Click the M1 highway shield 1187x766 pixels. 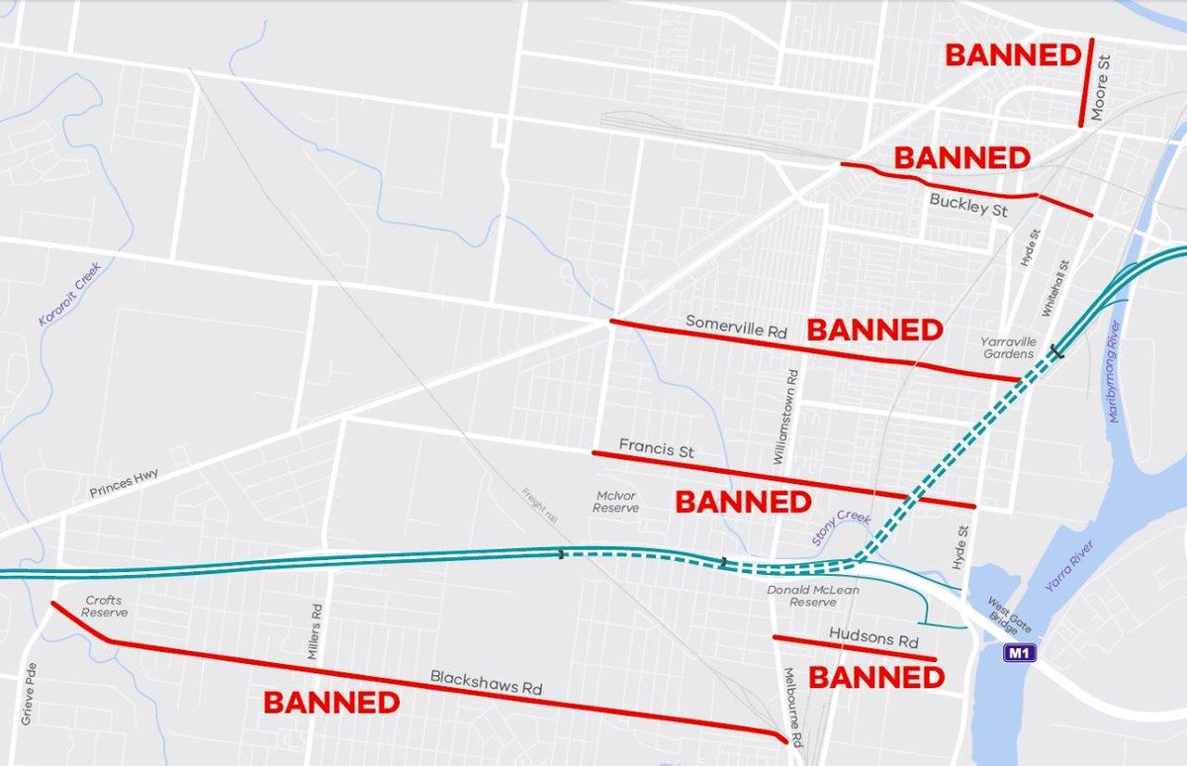(x=1016, y=653)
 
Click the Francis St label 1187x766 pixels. (x=656, y=449)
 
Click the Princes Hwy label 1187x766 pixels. (x=124, y=482)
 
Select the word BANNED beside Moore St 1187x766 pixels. (x=1013, y=55)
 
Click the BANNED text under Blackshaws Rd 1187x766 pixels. (x=331, y=703)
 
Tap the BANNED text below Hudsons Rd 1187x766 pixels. (x=877, y=678)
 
